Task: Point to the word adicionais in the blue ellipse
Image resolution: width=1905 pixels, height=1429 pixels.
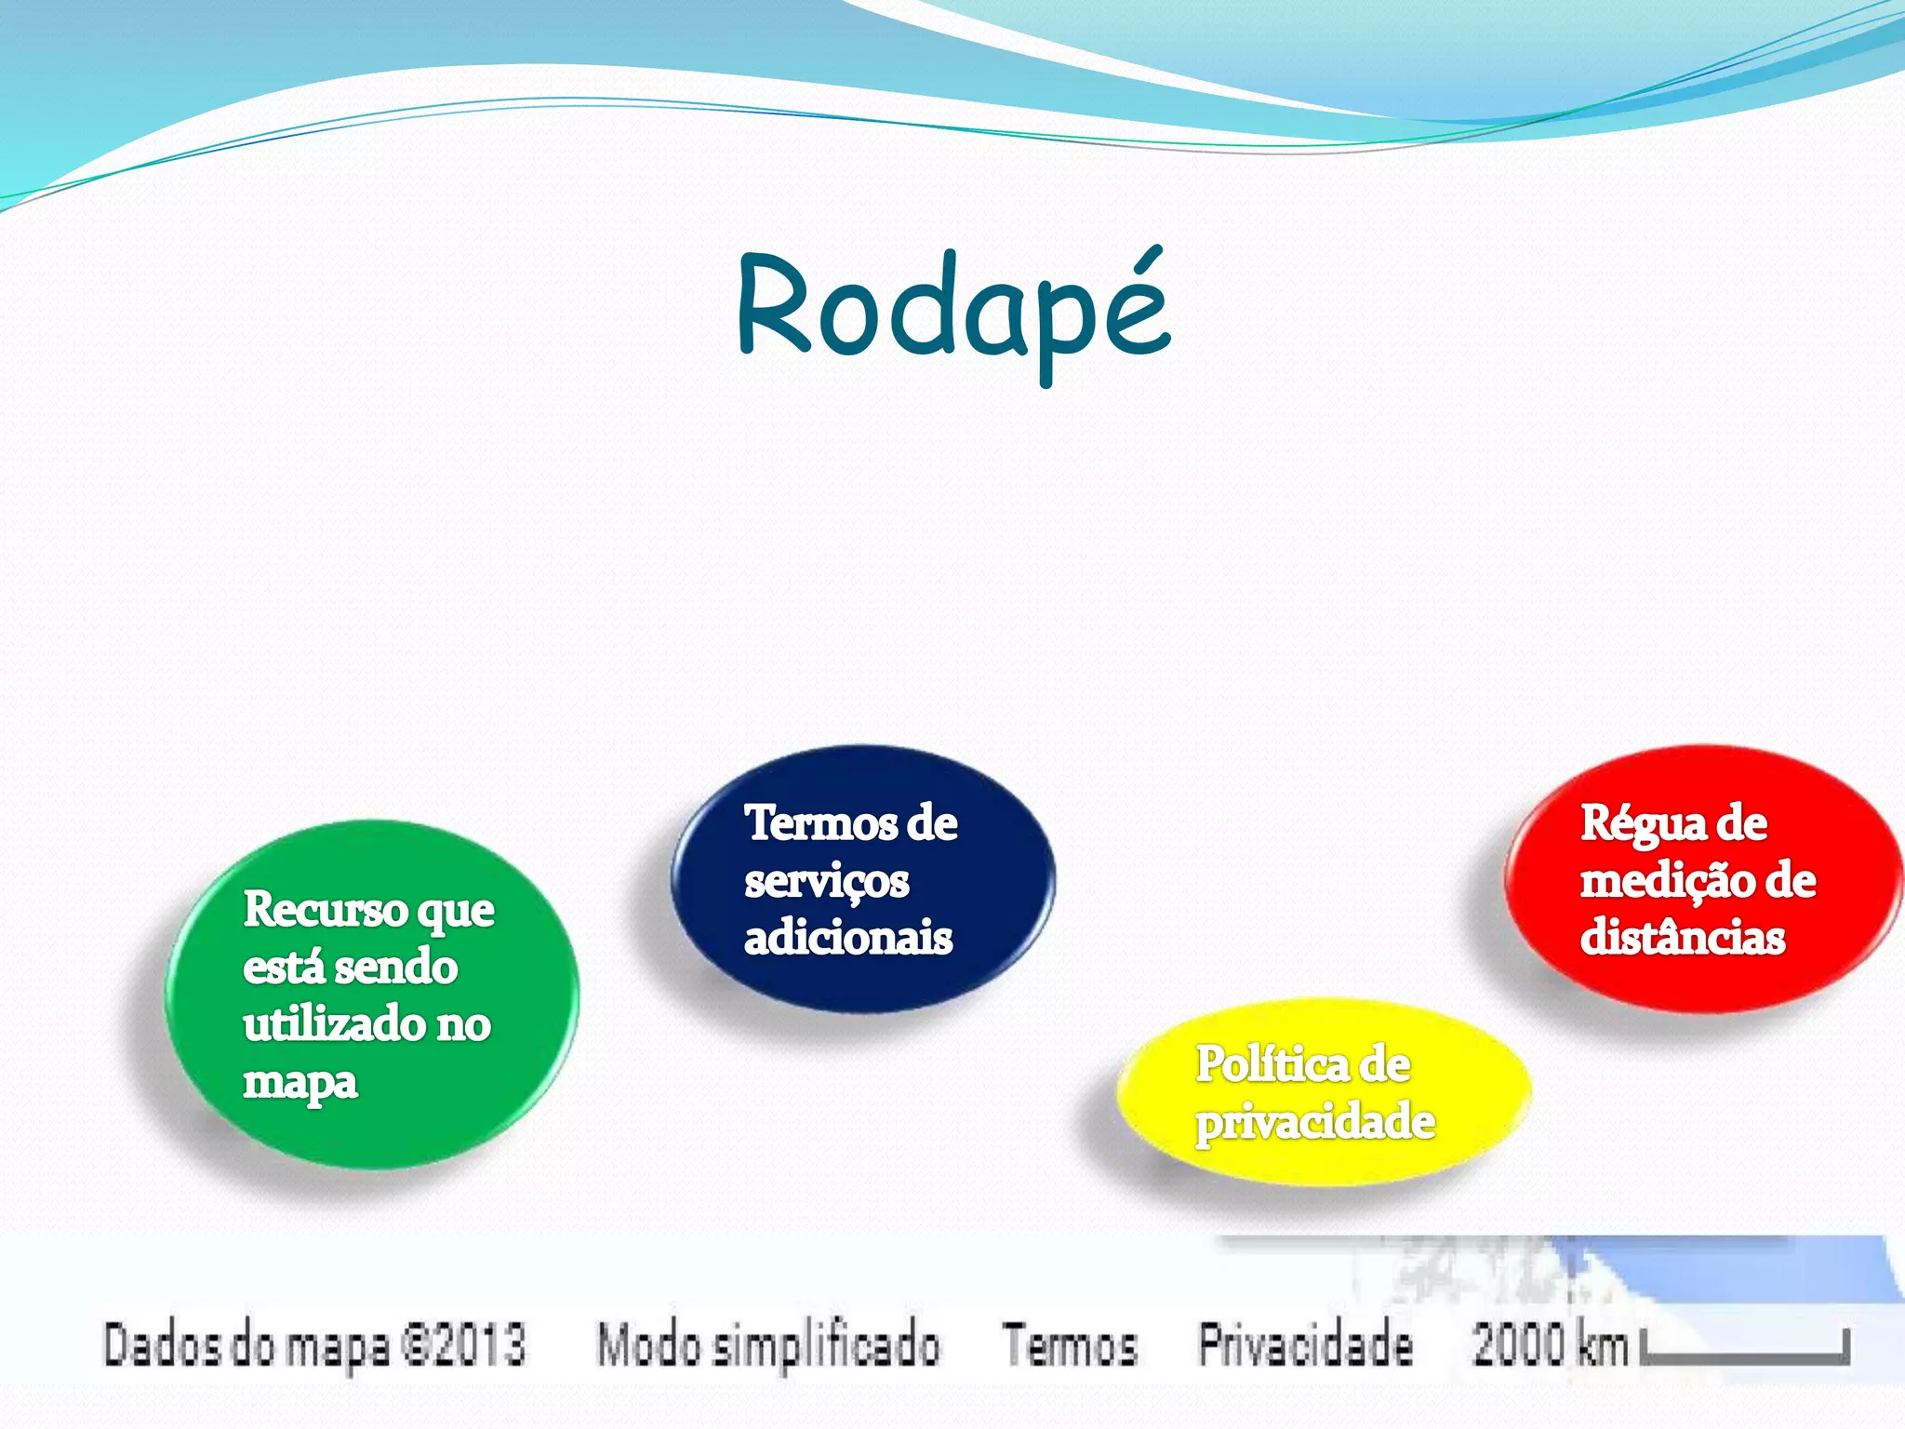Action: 847,938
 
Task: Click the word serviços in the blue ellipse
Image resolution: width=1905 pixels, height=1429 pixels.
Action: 826,882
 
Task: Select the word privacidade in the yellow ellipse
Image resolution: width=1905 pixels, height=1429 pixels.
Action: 1314,1122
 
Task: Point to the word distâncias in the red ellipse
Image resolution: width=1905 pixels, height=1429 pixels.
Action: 1682,938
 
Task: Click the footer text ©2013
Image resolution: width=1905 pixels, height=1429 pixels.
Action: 462,1345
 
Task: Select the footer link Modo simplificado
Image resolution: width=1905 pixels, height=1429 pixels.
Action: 767,1345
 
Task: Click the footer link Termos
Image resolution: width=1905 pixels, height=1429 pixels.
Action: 1070,1345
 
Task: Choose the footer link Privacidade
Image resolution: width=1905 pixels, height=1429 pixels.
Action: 1304,1345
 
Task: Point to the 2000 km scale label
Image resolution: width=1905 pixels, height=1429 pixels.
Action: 1549,1345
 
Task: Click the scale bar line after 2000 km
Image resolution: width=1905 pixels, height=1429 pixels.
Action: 1744,1357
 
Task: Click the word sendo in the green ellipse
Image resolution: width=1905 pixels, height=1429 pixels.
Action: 396,968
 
